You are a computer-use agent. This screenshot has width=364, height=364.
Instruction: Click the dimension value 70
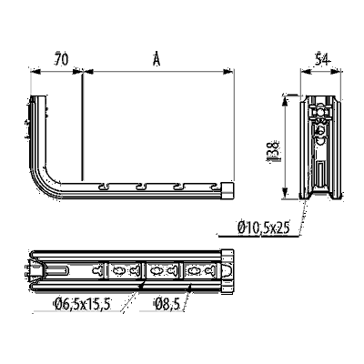click(x=61, y=59)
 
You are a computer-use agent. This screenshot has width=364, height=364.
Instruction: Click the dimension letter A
click(x=157, y=59)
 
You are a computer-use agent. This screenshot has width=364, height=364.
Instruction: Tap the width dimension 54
click(x=322, y=59)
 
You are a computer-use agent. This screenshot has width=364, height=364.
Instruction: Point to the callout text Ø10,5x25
click(x=264, y=227)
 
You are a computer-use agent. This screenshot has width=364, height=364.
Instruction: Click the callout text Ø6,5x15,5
click(x=81, y=304)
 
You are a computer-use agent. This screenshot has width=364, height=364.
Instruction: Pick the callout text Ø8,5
click(x=167, y=304)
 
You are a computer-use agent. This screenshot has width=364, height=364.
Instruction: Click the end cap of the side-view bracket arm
click(x=227, y=190)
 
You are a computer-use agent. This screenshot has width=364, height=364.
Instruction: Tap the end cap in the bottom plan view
click(x=227, y=271)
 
